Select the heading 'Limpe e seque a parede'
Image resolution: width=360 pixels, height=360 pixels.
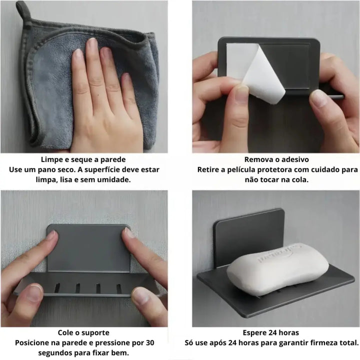[83, 159]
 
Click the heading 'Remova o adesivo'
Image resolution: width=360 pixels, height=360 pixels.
[276, 159]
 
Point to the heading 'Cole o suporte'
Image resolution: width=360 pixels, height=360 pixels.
[83, 332]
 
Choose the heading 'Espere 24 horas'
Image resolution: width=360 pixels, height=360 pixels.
[271, 332]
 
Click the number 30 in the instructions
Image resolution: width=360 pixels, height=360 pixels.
[150, 343]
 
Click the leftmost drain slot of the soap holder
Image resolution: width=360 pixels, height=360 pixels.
[57, 288]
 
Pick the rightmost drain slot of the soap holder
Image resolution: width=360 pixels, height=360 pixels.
[118, 289]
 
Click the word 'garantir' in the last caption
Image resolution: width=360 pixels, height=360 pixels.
[293, 343]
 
